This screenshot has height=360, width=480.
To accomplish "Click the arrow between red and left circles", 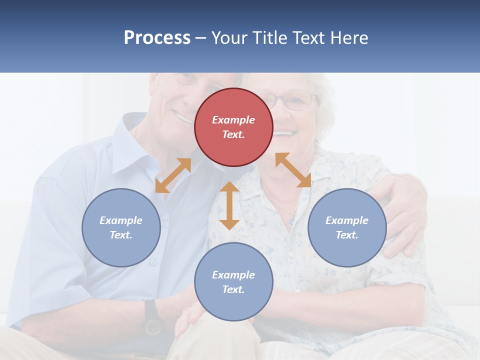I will (173, 175).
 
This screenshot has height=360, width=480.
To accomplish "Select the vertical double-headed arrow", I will (229, 205).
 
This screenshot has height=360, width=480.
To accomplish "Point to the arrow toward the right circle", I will (293, 170).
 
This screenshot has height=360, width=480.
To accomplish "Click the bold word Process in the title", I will (157, 38).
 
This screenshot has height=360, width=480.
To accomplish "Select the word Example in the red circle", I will (233, 120).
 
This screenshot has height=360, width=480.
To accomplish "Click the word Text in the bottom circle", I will (232, 289).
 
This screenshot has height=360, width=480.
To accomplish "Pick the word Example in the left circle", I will (121, 220).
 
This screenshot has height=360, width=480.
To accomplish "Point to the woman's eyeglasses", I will (292, 100).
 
